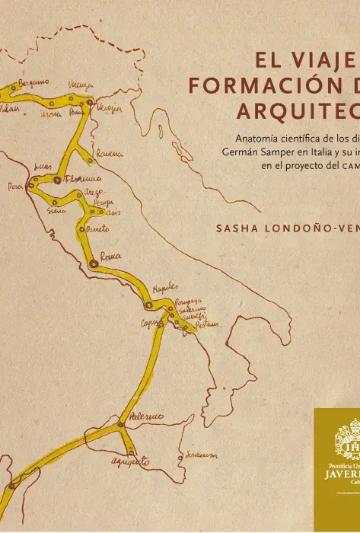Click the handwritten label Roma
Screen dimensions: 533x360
(111, 257)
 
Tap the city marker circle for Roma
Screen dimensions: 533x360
(93, 263)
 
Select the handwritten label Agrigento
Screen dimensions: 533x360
(130, 461)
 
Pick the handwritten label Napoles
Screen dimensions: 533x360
(165, 288)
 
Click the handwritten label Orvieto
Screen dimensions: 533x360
(99, 228)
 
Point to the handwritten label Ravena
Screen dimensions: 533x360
(109, 155)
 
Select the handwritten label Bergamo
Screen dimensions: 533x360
(34, 81)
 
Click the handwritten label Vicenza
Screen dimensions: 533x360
(81, 85)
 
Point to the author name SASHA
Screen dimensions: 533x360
(238, 228)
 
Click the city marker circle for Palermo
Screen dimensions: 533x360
(120, 423)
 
